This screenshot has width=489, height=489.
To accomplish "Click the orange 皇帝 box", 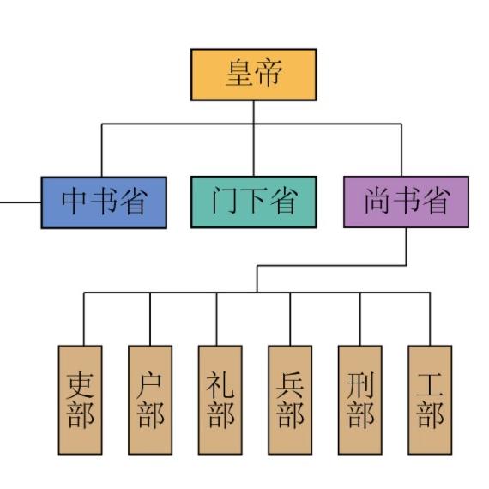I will coord(253,75).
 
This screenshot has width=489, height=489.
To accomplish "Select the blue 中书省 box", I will coord(104,202).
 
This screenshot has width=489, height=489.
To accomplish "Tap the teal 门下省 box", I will coord(253,202).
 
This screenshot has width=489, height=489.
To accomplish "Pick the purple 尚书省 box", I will coord(406,202).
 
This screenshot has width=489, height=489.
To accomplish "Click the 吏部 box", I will coord(80,400).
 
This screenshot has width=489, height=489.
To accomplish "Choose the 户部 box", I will coord(149,400).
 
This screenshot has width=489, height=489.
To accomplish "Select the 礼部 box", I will coord(220,400).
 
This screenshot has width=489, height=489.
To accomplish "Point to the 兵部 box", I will coord(289,400).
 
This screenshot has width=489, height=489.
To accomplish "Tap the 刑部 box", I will coord(359,400).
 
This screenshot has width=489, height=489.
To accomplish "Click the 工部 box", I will coord(429,400).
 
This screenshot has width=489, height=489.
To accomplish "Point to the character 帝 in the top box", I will coord(269,75).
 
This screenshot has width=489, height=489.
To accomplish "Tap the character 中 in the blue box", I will coord(75,202).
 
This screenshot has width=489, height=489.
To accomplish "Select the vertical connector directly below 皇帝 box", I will coord(253,112).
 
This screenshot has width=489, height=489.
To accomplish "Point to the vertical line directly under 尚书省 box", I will coord(406,246).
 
